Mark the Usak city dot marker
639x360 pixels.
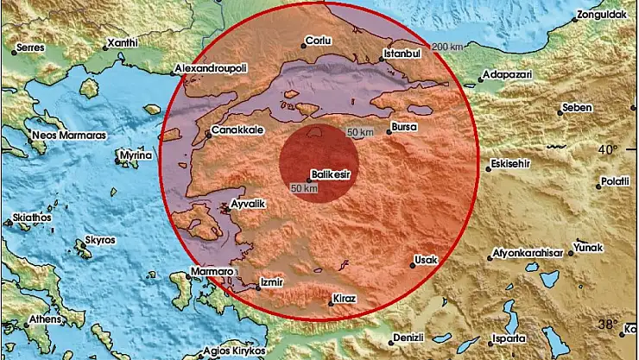coord(413,266)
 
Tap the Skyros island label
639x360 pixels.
coord(101,241)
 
